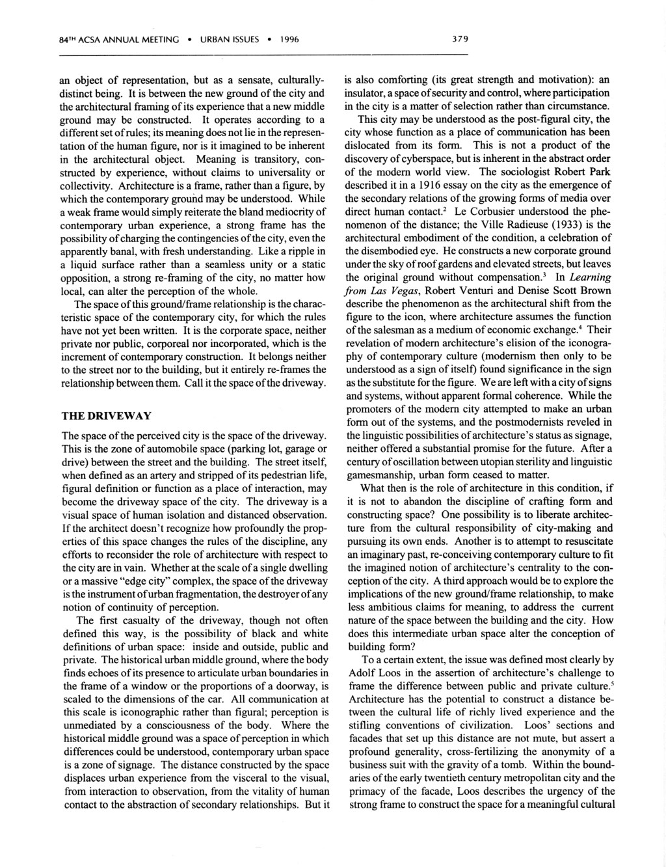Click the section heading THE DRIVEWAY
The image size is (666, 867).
106,415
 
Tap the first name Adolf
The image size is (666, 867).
362,673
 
